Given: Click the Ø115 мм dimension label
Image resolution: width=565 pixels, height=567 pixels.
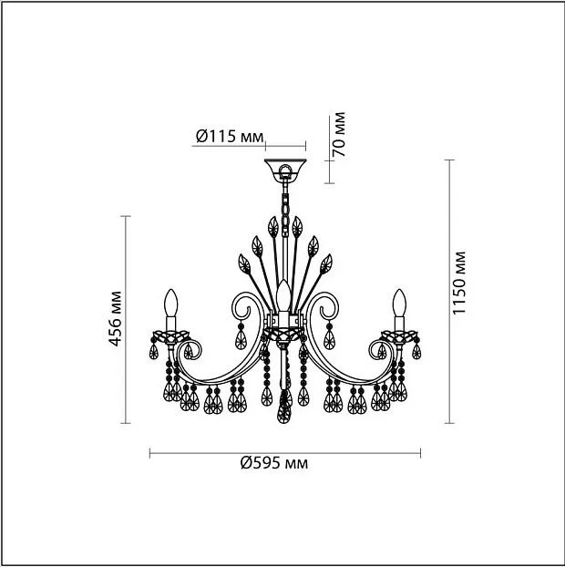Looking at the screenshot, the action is [230, 137].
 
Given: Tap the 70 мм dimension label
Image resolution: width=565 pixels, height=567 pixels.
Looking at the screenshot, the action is [339, 134].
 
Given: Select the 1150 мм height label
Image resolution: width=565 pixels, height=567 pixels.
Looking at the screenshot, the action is [459, 283].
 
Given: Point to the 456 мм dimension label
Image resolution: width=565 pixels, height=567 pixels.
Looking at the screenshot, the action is [116, 318].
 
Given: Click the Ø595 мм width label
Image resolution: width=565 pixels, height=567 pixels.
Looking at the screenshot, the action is [274, 462].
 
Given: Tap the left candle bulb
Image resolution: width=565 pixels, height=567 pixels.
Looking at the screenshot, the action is [171, 303].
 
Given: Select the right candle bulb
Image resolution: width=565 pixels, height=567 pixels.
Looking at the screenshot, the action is [399, 303].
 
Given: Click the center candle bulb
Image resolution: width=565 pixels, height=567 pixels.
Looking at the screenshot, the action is [283, 294].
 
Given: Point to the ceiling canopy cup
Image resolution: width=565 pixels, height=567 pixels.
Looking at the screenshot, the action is [285, 169].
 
